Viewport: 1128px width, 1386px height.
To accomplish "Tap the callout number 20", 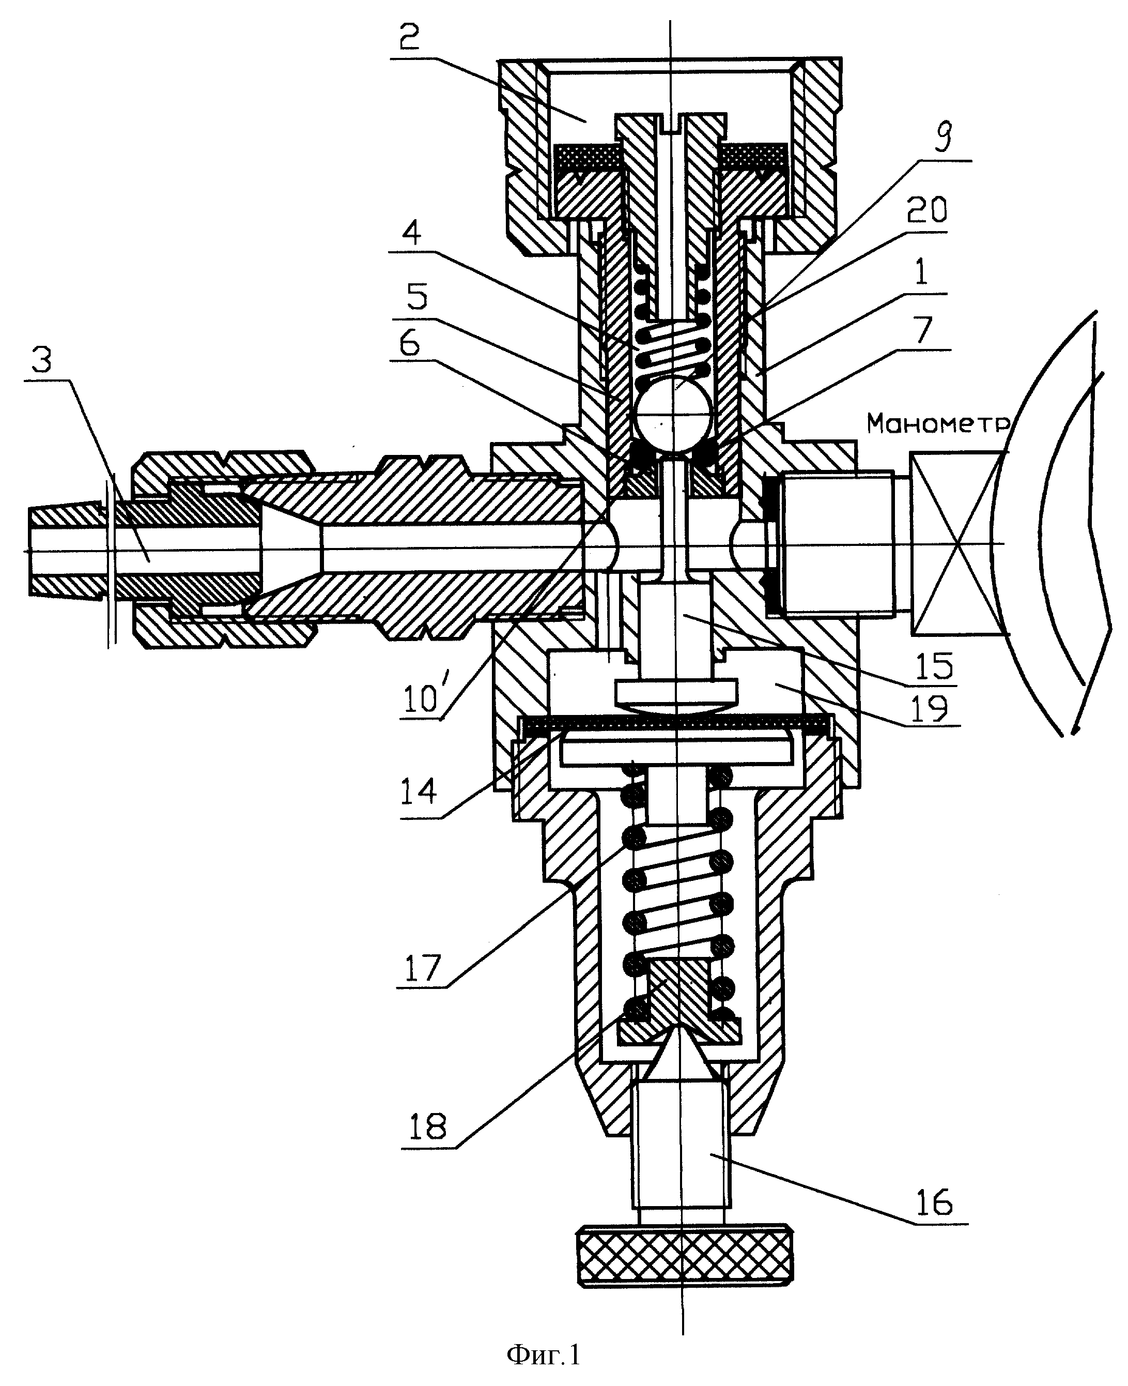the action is pyautogui.click(x=926, y=209).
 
